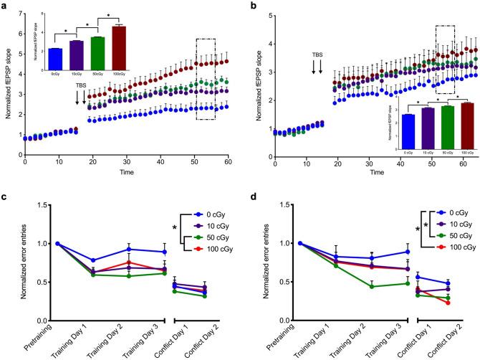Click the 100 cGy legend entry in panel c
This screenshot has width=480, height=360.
pos(211,248)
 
